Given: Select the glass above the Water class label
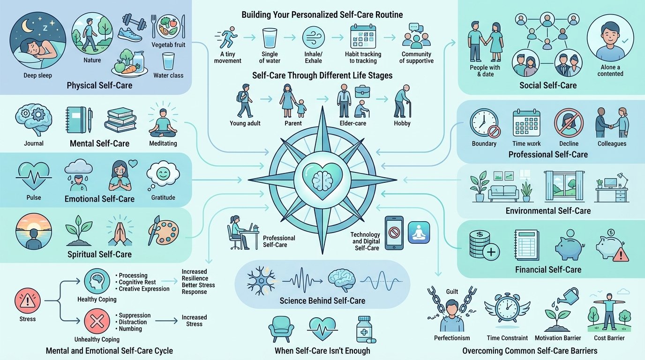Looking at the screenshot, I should click(168, 61).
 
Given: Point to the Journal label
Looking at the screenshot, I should click(33, 143).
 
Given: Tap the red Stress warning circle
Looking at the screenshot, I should click(25, 300).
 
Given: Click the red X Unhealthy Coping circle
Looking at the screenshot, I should click(97, 324).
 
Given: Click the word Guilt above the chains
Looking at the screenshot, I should click(452, 292).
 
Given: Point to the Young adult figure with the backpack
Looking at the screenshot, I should click(245, 100).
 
